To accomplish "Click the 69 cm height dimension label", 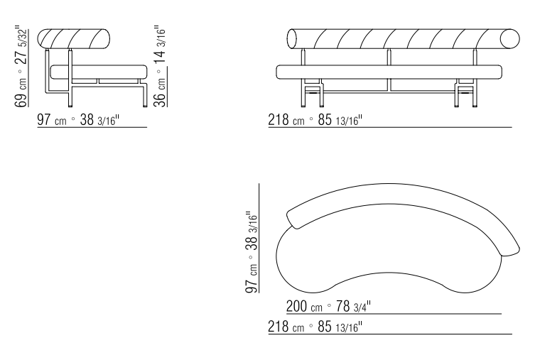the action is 21,66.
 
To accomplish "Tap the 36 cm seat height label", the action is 160,66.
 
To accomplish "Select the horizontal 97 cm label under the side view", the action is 78,120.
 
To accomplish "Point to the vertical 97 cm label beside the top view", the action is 251,252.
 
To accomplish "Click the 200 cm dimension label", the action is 328,306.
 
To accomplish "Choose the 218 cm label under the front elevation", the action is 315,120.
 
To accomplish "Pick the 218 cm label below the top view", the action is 315,327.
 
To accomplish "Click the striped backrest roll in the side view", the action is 74,38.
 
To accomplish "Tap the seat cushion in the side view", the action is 99,72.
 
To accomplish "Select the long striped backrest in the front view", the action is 404,38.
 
